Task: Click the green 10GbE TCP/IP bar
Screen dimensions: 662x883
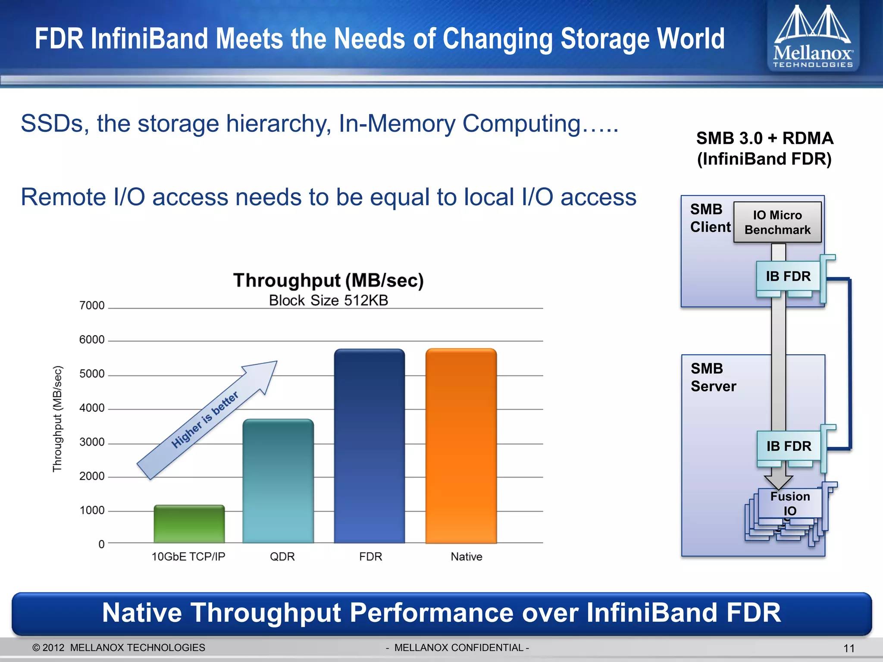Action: [x=189, y=524]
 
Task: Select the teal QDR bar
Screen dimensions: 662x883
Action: [x=278, y=481]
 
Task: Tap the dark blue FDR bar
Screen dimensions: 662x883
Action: [x=369, y=446]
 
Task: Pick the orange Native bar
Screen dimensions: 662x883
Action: [x=461, y=446]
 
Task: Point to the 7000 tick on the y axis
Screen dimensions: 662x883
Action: [x=92, y=306]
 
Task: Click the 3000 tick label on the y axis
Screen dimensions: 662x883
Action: [x=92, y=442]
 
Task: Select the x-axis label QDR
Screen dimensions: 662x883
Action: [x=282, y=557]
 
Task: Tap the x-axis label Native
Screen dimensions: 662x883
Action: [x=467, y=557]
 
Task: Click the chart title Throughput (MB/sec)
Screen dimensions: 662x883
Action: [x=329, y=281]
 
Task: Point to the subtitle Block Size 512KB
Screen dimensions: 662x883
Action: [x=329, y=300]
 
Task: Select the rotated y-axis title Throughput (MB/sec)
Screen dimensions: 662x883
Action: [x=57, y=419]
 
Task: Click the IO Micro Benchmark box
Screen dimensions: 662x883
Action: [x=777, y=222]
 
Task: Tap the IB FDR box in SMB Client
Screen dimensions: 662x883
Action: [x=788, y=276]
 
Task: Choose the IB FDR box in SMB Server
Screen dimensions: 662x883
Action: [x=789, y=446]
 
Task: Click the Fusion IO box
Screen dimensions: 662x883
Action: [x=790, y=503]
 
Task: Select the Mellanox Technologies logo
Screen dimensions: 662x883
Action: [x=813, y=37]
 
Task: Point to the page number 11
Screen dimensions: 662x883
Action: [x=849, y=648]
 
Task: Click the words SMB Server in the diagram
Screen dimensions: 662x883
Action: [x=713, y=378]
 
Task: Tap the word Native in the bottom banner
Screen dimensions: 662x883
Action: [x=142, y=613]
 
